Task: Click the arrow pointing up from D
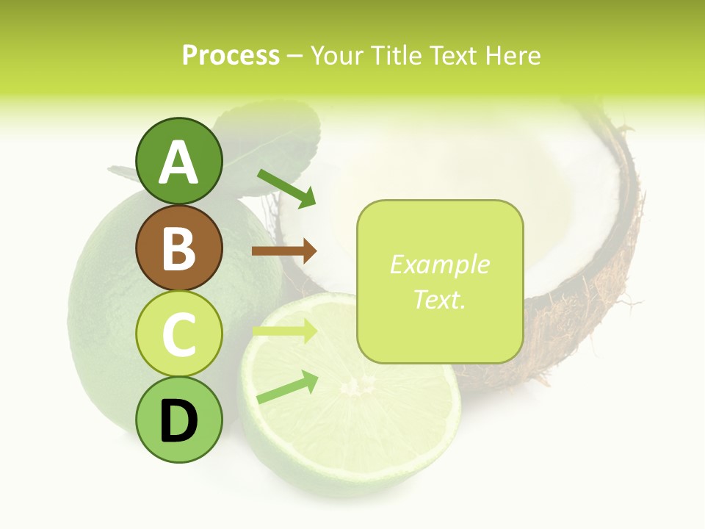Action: (x=287, y=387)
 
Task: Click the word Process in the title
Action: (x=231, y=56)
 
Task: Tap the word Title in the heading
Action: (x=397, y=56)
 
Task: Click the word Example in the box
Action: (x=439, y=264)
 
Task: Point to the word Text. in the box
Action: (x=439, y=299)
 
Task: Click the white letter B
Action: (x=179, y=248)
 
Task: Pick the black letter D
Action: (x=179, y=421)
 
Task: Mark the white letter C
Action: (x=179, y=334)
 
